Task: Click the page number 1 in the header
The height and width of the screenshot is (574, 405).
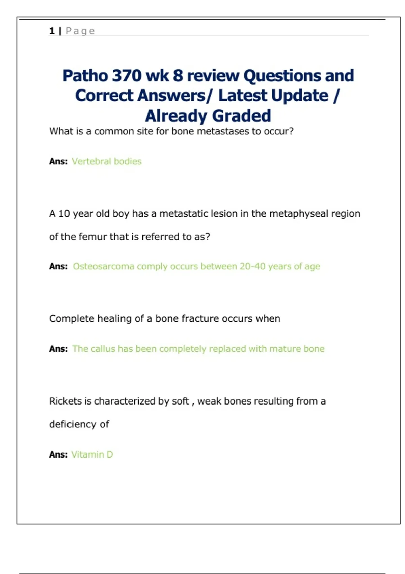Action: pos(52,31)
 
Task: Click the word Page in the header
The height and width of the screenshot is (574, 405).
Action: pos(80,31)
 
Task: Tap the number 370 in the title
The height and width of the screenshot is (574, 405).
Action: pos(126,76)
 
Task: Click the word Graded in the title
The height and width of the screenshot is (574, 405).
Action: pos(242,116)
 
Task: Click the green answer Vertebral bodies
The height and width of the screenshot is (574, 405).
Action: pos(106,161)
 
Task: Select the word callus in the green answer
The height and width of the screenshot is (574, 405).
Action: pos(103,349)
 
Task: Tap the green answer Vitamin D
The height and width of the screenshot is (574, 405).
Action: pos(92,454)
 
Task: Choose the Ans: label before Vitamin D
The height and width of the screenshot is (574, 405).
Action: pos(58,454)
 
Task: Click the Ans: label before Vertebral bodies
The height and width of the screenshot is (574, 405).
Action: pos(58,161)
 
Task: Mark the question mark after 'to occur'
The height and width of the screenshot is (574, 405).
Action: pos(291,131)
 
